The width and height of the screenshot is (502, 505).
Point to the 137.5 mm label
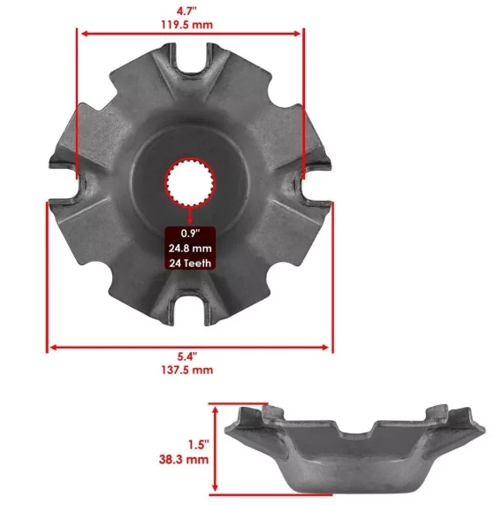point(191,371)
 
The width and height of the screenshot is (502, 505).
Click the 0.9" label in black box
point(190,233)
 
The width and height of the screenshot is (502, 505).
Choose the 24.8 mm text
point(190,248)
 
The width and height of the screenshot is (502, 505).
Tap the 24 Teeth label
point(190,262)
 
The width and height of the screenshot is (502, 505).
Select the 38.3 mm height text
point(186,460)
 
